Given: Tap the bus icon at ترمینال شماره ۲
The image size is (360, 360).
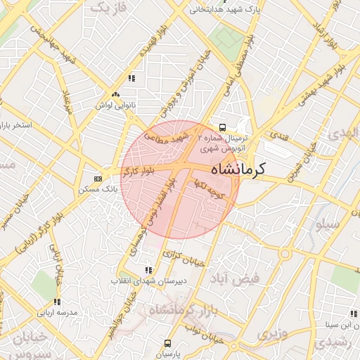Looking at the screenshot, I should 222,128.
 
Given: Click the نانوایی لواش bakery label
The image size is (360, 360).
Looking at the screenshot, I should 116,105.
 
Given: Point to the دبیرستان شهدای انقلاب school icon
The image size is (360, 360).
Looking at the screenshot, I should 148,269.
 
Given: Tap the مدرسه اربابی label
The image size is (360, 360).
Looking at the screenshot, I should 57,311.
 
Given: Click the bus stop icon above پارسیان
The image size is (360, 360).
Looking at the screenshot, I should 167,343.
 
